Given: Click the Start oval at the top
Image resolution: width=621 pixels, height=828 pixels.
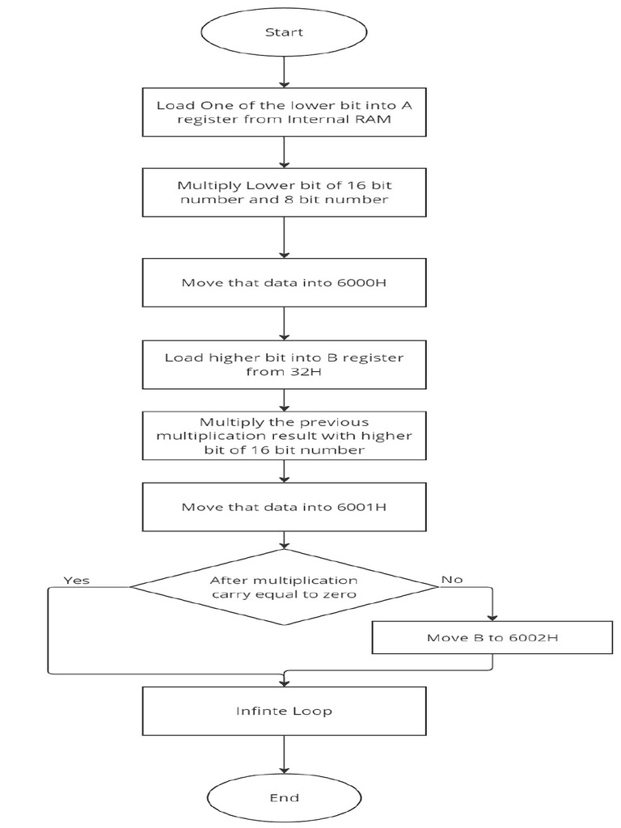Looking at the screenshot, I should pos(284,32).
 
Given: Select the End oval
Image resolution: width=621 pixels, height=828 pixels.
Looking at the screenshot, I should pos(284,797).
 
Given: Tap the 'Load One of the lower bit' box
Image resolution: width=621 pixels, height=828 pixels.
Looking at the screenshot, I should pos(284,113).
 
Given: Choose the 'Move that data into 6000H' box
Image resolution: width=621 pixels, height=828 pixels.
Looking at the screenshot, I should pos(284,283).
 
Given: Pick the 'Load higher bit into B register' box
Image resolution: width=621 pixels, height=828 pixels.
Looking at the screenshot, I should pos(284,365).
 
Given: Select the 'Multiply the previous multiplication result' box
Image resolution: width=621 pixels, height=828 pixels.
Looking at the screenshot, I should pos(284,436).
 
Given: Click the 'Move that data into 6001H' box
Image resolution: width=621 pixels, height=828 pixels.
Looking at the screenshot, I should pos(284,507).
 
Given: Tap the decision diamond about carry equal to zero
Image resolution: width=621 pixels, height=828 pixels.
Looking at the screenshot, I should pos(284,588).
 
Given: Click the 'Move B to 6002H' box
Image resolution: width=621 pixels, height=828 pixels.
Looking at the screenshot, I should pos(492,638).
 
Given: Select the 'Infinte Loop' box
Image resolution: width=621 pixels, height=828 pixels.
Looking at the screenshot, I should pos(284,712).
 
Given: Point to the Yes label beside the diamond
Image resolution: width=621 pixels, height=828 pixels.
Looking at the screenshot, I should pos(77,580).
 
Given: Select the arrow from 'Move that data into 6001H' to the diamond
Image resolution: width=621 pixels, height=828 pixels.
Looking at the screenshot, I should pos(284,539).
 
